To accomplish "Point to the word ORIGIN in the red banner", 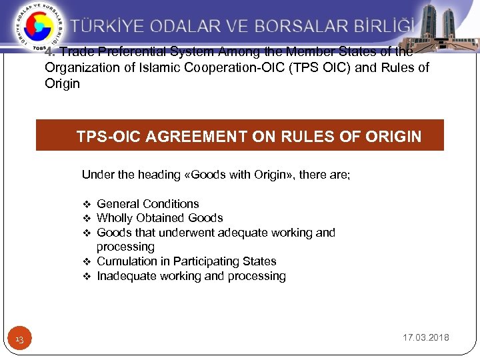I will [x=393, y=137].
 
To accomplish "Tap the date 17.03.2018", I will [x=425, y=337].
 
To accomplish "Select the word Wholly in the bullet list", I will [x=115, y=218].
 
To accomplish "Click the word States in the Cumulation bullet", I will [x=261, y=261].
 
